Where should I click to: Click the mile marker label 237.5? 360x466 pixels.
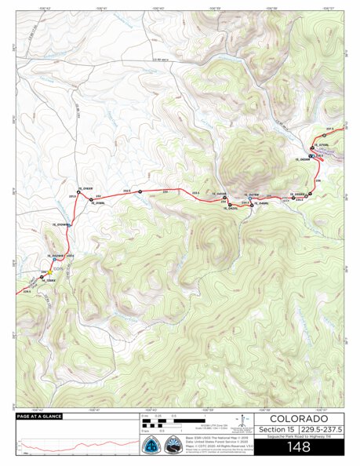point(330,129)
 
